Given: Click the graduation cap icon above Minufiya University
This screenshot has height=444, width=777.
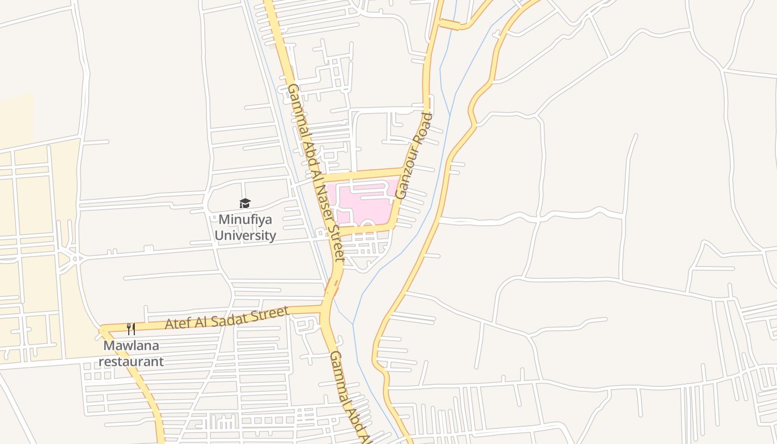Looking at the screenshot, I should click(245, 204).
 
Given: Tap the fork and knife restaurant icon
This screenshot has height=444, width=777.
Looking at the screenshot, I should click(131, 329).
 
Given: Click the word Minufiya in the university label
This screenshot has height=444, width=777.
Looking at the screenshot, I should click(245, 220).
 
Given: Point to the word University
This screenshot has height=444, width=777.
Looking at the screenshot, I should click(245, 235).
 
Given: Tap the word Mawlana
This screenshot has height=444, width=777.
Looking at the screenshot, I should click(131, 346).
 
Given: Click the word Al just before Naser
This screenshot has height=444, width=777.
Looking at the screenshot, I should click(316, 173).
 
